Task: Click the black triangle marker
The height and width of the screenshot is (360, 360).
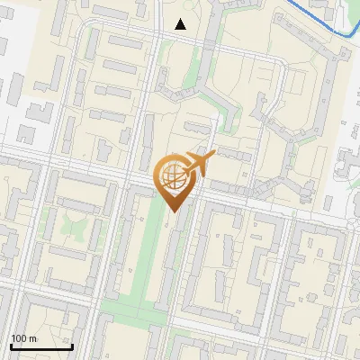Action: [x=181, y=24]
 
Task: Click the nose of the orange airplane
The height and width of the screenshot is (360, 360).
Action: [x=212, y=155]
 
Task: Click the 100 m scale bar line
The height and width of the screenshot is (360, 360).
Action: [x=41, y=346]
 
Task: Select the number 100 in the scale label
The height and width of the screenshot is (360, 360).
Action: [x=20, y=338]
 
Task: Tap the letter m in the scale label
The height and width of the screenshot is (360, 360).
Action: [x=33, y=339]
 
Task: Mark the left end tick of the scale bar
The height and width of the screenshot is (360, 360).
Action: [x=11, y=345]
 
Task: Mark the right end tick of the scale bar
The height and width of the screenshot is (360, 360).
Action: [x=72, y=345]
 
